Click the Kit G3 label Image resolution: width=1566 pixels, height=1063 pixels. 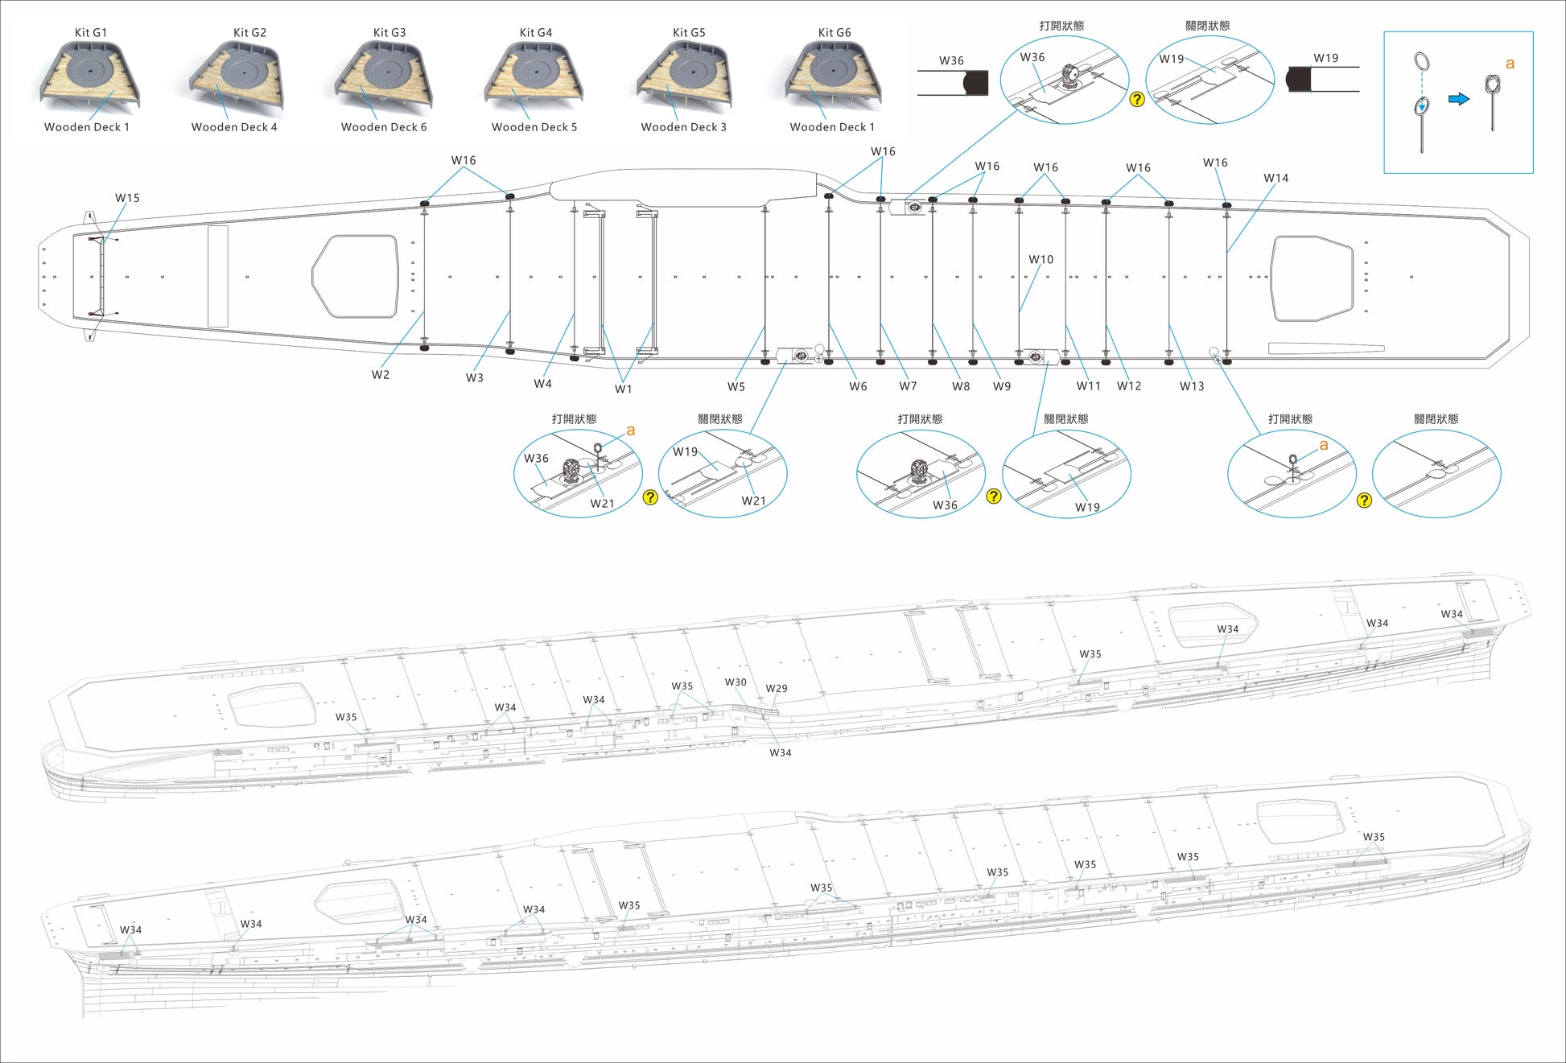pyautogui.click(x=389, y=32)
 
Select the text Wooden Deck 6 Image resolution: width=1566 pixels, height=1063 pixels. pyautogui.click(x=384, y=127)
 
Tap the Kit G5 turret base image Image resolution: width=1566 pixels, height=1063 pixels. pyautogui.click(x=684, y=74)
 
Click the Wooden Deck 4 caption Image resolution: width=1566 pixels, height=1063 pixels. pyautogui.click(x=234, y=127)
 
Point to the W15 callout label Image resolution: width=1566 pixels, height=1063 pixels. pyautogui.click(x=127, y=198)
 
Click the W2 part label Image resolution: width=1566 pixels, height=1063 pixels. pyautogui.click(x=381, y=375)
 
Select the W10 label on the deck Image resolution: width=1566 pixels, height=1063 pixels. pyautogui.click(x=1041, y=260)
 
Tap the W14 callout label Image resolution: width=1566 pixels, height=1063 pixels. pyautogui.click(x=1275, y=179)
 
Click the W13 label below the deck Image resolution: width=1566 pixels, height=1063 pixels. pyautogui.click(x=1192, y=386)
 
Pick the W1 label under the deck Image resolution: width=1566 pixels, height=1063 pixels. pyautogui.click(x=624, y=389)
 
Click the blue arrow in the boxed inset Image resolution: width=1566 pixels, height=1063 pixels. pyautogui.click(x=1459, y=99)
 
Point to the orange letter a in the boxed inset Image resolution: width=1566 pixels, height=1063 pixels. pyautogui.click(x=1510, y=64)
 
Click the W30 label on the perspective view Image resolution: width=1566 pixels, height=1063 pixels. pyautogui.click(x=736, y=682)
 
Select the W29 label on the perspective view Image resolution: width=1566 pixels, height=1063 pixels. pyautogui.click(x=777, y=689)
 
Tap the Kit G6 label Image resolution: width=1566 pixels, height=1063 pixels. pyautogui.click(x=835, y=32)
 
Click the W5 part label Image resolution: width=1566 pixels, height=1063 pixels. pyautogui.click(x=736, y=387)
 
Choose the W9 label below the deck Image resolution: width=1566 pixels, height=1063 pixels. pyautogui.click(x=1002, y=387)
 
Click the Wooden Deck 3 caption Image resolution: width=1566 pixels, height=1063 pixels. pyautogui.click(x=683, y=127)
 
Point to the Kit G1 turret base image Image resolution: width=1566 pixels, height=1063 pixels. pyautogui.click(x=90, y=74)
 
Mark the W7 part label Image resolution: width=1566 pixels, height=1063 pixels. pyautogui.click(x=908, y=387)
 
